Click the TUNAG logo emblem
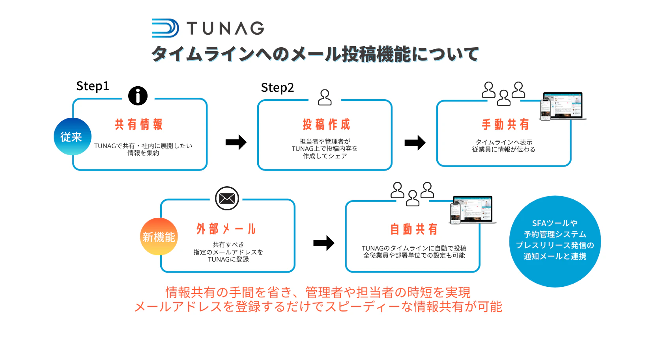[x=166, y=28]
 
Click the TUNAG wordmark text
[x=225, y=28]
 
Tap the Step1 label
[x=93, y=86]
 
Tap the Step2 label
[x=277, y=88]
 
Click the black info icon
[x=138, y=96]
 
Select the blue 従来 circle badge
[x=73, y=136]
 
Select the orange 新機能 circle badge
[x=159, y=236]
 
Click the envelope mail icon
[x=227, y=199]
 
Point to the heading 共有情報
[x=138, y=124]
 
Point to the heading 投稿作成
[x=326, y=124]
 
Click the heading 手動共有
[x=505, y=124]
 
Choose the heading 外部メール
[x=226, y=229]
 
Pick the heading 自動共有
[x=414, y=229]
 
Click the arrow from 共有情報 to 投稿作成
[x=236, y=142]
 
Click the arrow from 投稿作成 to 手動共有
[x=415, y=143]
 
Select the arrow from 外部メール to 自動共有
[x=324, y=243]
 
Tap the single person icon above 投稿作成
[x=325, y=97]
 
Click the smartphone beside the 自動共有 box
[x=455, y=214]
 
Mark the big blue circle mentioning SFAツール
[x=555, y=241]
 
